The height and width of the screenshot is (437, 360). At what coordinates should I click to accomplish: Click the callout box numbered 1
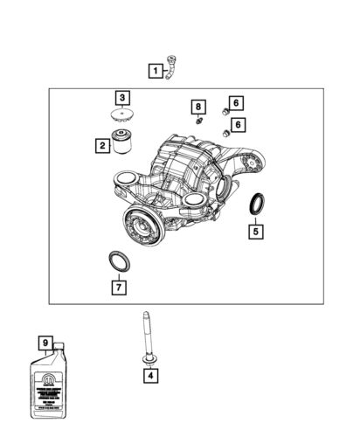(155, 70)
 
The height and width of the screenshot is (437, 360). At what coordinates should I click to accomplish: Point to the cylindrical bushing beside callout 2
(122, 141)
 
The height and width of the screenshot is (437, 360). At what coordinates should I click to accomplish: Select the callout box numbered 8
(198, 108)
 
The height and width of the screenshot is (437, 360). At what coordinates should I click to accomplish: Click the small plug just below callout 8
(198, 121)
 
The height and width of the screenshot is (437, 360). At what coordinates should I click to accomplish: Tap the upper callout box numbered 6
(236, 103)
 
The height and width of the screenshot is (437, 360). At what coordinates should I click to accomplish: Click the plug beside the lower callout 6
(226, 132)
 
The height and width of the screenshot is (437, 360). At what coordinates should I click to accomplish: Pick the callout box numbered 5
(256, 232)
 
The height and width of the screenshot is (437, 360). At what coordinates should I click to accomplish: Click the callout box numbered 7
(115, 286)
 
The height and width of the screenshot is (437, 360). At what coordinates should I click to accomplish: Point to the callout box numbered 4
(151, 377)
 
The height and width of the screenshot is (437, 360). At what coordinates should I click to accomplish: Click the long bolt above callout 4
(142, 336)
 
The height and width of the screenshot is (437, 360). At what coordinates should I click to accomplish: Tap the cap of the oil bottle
(59, 351)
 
